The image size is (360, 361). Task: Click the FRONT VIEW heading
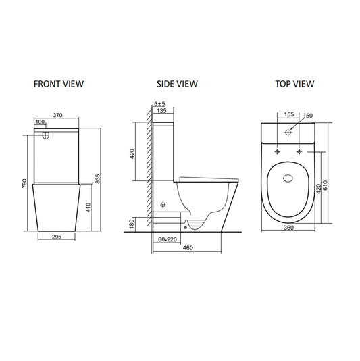tap(59, 84)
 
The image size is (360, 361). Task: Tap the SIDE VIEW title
tap(177, 84)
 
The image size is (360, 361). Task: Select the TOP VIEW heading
tap(294, 84)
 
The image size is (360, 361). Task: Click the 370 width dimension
tap(57, 115)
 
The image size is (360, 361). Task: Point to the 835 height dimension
tap(98, 178)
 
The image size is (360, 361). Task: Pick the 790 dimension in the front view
tap(24, 183)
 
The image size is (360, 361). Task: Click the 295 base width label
tap(57, 237)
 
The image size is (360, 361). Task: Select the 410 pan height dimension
tap(88, 208)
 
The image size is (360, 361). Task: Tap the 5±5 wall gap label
tap(159, 104)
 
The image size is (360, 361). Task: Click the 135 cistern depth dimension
tap(161, 110)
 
